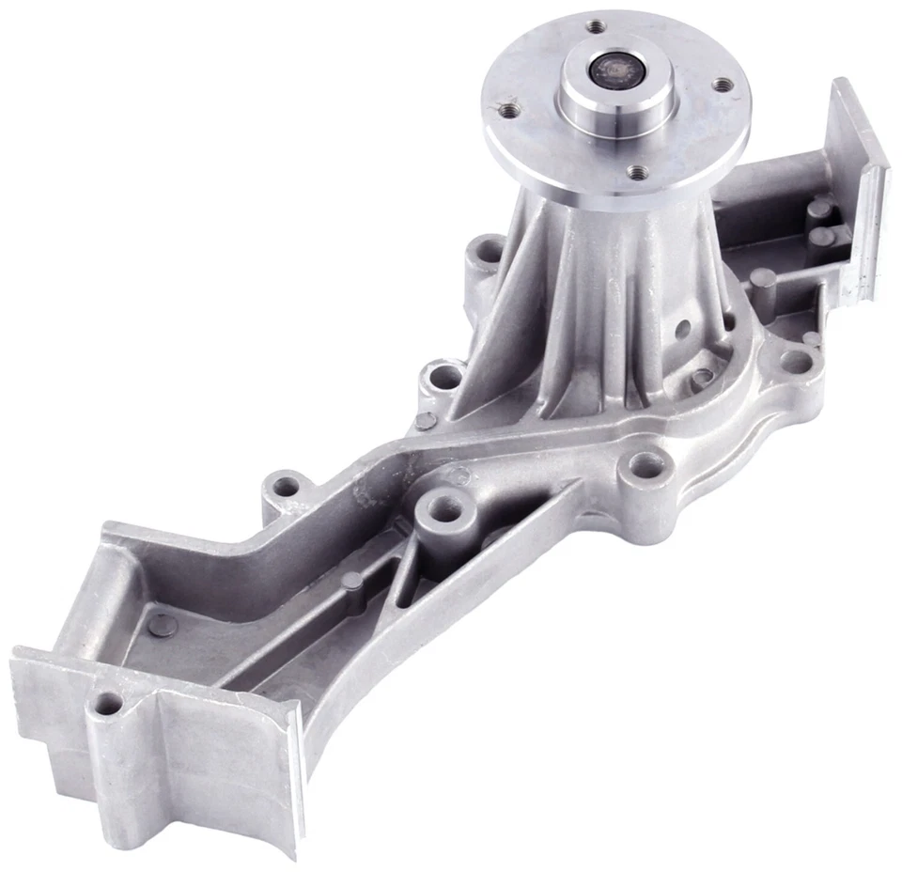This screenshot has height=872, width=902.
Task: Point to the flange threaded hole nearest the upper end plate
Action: point(723,85)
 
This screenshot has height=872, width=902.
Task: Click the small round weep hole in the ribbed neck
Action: point(683,329)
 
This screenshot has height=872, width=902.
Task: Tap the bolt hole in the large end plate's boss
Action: point(110,702)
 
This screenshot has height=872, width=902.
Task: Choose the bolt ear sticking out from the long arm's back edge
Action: point(287,487)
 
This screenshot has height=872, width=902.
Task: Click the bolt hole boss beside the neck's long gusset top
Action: point(487,251)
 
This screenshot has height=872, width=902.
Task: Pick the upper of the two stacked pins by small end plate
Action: point(820,208)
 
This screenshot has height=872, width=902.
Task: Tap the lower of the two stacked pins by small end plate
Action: point(823,235)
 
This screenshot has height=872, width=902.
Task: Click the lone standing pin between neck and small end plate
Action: point(763,280)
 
